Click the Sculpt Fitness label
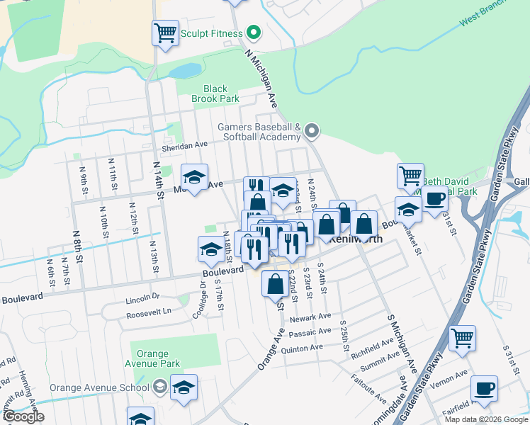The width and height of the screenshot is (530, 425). [210, 33]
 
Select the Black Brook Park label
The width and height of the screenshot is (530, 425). [215, 94]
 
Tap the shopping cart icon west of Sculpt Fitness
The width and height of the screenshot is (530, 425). [165, 32]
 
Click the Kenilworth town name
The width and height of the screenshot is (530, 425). [358, 239]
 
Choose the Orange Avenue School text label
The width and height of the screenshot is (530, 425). [99, 387]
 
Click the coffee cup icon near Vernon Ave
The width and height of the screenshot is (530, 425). [484, 388]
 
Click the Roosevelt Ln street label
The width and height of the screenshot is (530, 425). [149, 311]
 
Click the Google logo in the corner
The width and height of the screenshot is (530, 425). [23, 416]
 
